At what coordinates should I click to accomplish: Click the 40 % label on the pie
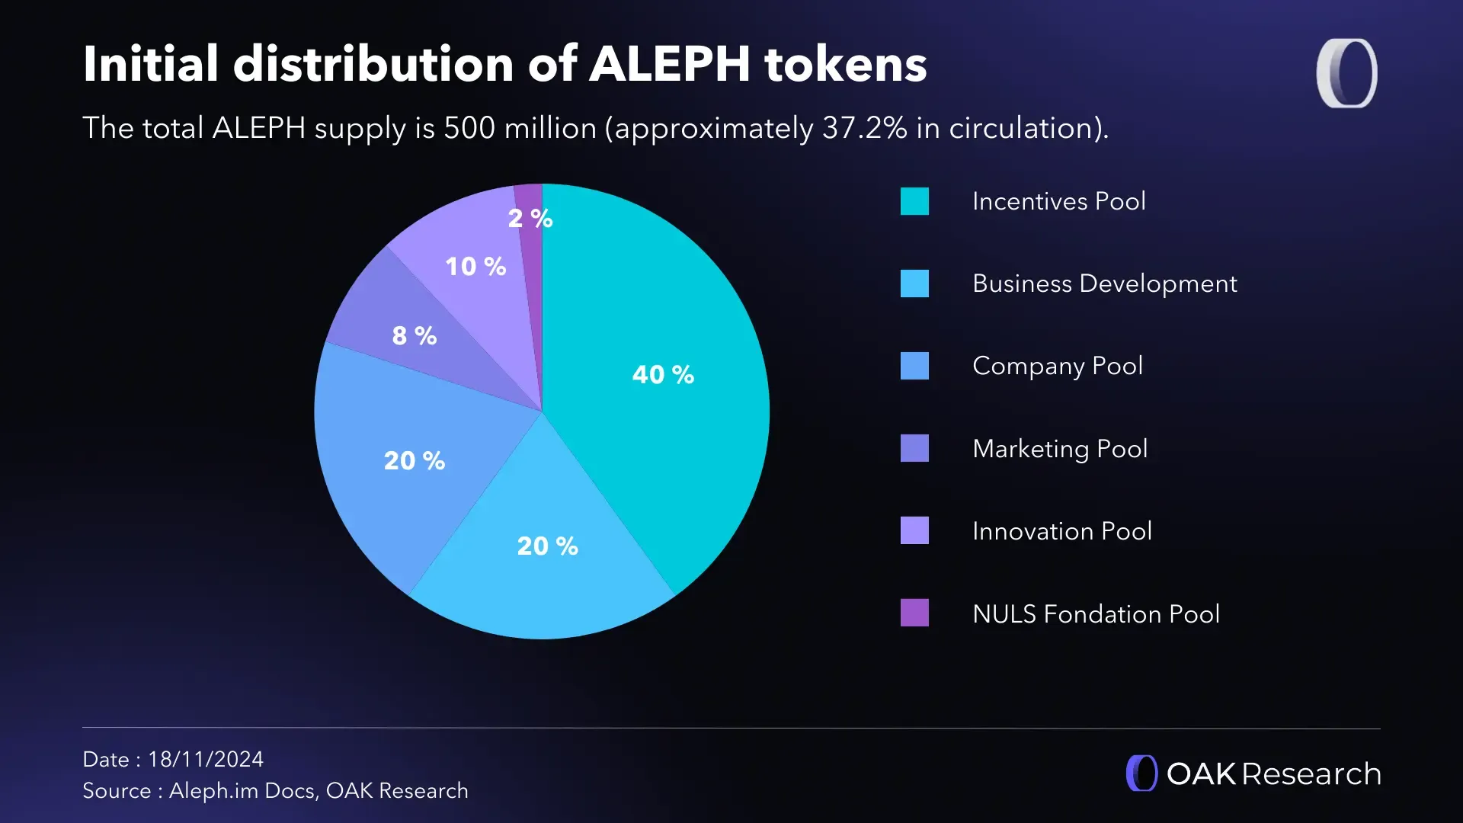point(663,374)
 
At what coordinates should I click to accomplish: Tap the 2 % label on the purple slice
point(530,219)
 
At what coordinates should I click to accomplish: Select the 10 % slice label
point(475,266)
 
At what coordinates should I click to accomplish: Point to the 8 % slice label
point(415,335)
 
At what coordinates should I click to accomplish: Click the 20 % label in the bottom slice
point(547,546)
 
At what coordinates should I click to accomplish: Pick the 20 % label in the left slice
point(415,460)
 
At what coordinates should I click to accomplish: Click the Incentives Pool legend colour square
point(914,201)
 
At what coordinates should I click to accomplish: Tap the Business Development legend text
point(1104,283)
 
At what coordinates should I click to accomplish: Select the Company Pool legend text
point(1057,366)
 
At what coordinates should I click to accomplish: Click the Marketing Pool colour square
point(914,448)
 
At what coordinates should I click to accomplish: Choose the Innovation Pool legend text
point(1061,530)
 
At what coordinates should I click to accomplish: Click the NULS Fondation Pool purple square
point(914,613)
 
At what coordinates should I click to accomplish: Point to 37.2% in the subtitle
point(864,128)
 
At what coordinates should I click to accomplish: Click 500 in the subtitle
point(469,128)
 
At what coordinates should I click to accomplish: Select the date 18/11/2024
point(206,759)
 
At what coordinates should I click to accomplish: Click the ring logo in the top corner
point(1346,73)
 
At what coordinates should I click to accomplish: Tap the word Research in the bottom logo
point(1311,773)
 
